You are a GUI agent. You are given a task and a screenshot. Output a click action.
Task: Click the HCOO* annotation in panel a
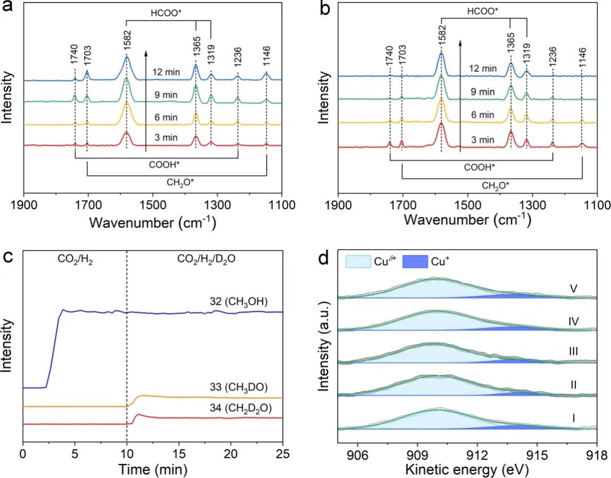pyautogui.click(x=169, y=12)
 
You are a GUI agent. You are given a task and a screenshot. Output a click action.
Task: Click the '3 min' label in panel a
pyautogui.click(x=165, y=137)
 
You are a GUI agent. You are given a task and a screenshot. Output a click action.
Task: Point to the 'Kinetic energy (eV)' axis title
pyautogui.click(x=467, y=469)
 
